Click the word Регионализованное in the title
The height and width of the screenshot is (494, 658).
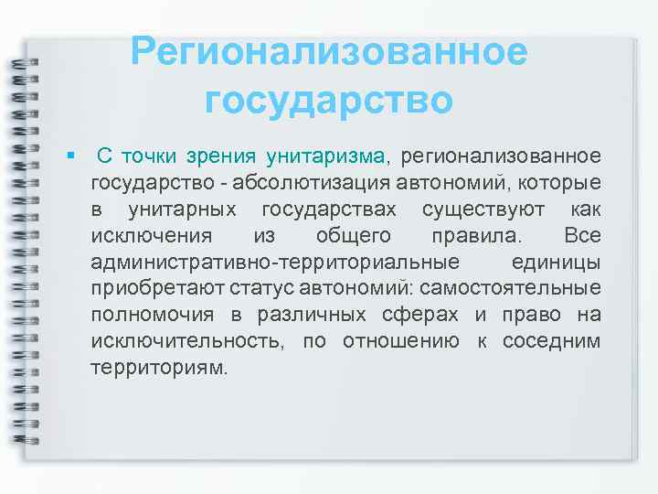pyautogui.click(x=329, y=52)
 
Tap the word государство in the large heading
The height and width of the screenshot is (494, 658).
pyautogui.click(x=329, y=99)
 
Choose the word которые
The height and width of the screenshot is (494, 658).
pyautogui.click(x=561, y=184)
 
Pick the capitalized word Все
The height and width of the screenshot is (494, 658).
pyautogui.click(x=582, y=237)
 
